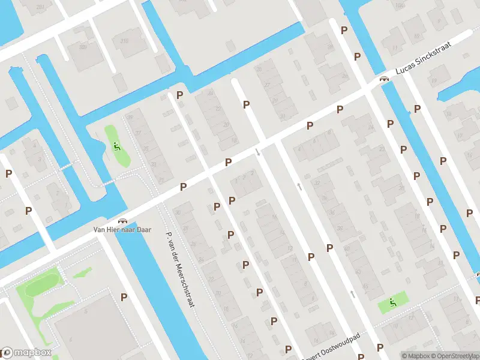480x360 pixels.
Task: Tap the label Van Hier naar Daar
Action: point(122,229)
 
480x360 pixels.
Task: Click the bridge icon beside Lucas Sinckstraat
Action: point(382,79)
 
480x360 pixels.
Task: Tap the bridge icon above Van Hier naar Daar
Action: point(123,221)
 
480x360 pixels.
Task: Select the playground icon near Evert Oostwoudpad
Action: point(393,302)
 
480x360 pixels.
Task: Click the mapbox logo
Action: point(27,352)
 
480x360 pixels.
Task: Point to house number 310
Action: point(124,41)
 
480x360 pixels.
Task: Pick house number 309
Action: point(82,46)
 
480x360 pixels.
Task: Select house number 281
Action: point(40,7)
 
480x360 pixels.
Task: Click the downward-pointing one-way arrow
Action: point(258,152)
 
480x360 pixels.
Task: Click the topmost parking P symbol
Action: point(344,29)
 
